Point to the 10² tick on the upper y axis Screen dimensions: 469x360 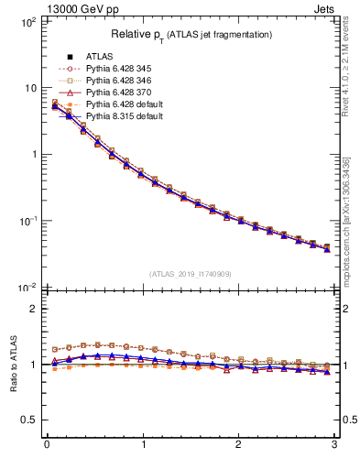(27, 21)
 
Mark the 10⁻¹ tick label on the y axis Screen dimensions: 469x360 (26, 221)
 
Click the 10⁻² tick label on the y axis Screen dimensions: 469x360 (26, 288)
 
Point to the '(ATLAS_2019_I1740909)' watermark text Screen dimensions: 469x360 (191, 274)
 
